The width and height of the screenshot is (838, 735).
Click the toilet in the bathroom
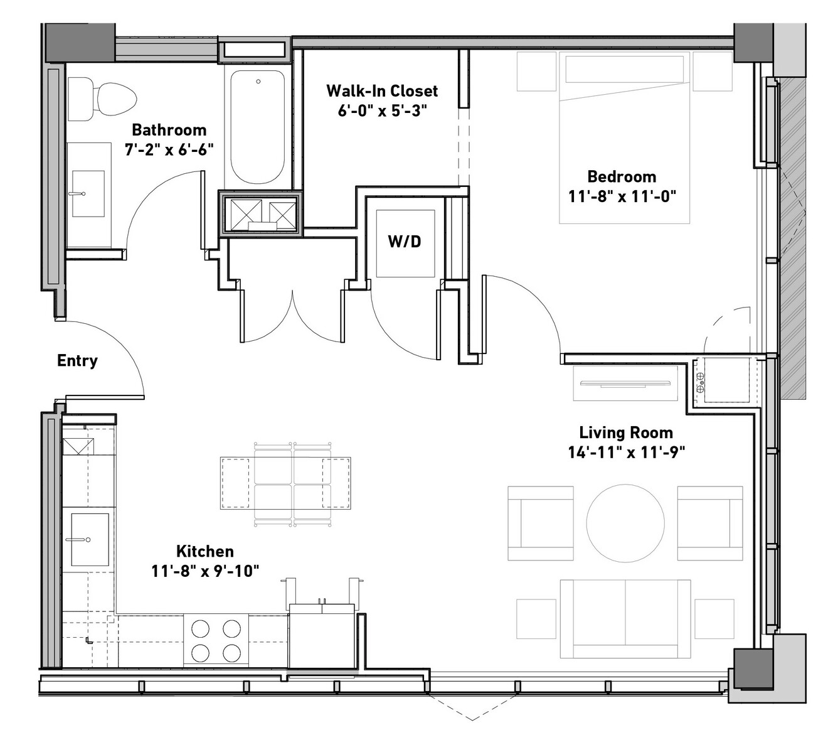coord(102,99)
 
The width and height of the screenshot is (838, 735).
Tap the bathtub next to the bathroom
coord(257,127)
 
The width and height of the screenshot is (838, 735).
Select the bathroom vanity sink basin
coord(88,193)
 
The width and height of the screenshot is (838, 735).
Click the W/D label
coord(404,241)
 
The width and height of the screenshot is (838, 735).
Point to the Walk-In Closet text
coord(382,91)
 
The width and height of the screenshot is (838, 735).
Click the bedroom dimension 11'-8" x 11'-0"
coord(622,196)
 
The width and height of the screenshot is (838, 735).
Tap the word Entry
coord(77,361)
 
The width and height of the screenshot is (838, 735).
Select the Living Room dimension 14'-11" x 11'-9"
coord(626,453)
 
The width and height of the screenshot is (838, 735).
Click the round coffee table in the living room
coord(625,523)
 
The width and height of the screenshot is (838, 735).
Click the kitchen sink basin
coord(90,539)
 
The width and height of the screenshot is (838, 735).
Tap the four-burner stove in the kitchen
coord(216,641)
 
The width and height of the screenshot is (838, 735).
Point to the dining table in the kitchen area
coord(285,483)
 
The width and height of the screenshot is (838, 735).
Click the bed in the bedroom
coord(624,137)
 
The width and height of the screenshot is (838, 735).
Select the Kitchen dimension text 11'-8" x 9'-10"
coord(205,571)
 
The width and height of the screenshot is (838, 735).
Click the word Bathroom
coord(169,130)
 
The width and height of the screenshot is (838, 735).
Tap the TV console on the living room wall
coord(625,384)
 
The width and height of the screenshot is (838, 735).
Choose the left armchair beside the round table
coord(541,523)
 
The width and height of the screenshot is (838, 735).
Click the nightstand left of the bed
coord(536,71)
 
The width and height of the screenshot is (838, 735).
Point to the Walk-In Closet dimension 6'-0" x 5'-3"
coord(382,110)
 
